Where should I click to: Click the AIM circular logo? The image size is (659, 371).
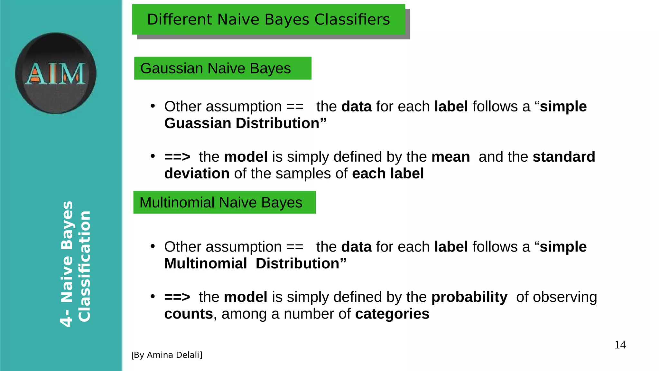(56, 73)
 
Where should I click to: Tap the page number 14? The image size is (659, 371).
(620, 345)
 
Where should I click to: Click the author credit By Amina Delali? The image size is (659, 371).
(167, 355)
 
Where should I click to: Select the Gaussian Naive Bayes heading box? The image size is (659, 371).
(223, 68)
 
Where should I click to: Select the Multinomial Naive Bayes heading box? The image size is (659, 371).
(224, 203)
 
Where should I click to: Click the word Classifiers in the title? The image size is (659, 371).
(352, 19)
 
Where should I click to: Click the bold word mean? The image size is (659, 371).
(450, 157)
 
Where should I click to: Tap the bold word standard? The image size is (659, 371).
(564, 157)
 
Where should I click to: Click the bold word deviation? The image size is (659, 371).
(197, 174)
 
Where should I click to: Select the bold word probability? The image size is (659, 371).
(469, 297)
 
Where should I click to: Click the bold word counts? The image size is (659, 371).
(189, 314)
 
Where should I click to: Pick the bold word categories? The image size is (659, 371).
(392, 314)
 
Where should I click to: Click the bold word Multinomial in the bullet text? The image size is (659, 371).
(205, 264)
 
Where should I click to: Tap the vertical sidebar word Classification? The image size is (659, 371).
(85, 266)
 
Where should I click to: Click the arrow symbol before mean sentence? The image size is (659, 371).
(177, 157)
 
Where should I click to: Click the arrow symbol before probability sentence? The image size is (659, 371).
(177, 297)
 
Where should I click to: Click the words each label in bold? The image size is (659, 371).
(388, 174)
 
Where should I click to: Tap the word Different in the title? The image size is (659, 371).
(180, 19)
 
